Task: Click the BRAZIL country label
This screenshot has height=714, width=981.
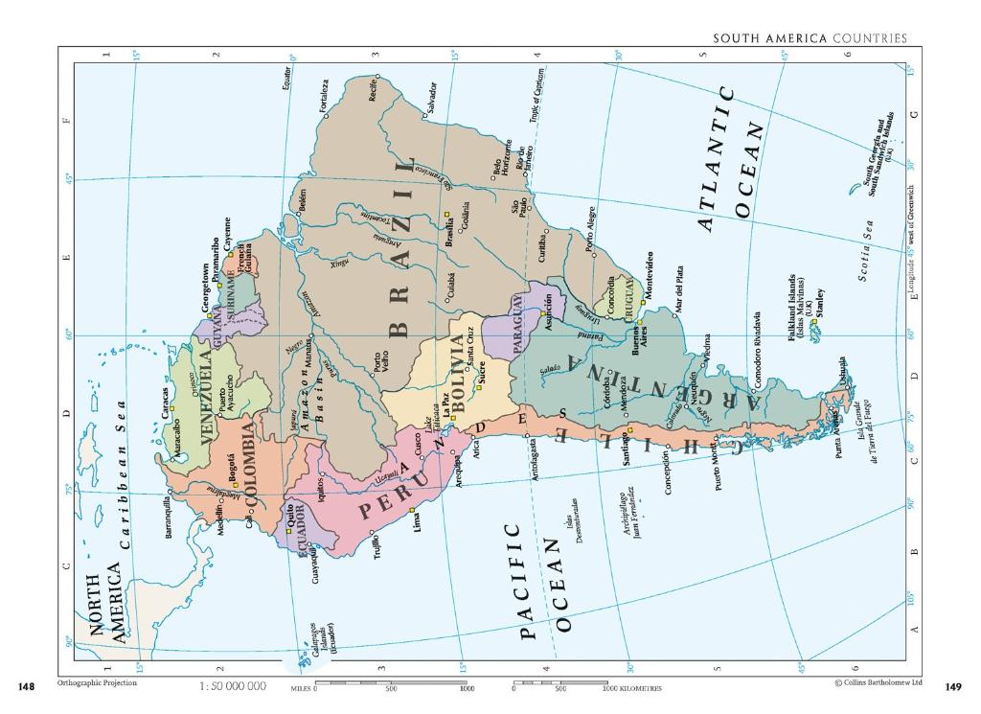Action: point(402,248)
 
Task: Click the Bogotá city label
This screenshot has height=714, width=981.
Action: point(233,472)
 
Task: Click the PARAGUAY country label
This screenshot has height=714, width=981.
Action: point(516,324)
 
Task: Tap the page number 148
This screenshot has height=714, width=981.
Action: point(27,686)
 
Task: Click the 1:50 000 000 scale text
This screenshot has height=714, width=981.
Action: point(233,686)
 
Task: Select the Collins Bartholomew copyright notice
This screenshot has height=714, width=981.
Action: point(878,683)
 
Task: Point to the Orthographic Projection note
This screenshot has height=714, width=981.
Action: point(97,682)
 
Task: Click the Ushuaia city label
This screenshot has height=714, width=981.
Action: point(843,373)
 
